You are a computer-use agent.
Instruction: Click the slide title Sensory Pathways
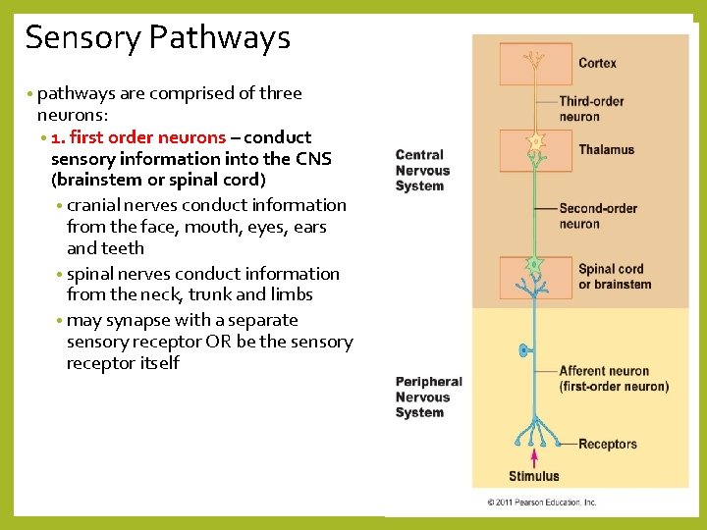(x=157, y=37)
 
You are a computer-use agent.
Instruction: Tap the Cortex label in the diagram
(x=597, y=63)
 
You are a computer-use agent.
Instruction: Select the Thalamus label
(x=606, y=150)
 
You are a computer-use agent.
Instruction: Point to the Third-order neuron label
(x=591, y=109)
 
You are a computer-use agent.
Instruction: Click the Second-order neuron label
(x=598, y=216)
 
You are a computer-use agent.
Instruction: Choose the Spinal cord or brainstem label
(x=615, y=277)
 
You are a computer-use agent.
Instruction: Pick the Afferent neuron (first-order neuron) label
(x=614, y=379)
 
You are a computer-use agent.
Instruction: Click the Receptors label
(x=608, y=445)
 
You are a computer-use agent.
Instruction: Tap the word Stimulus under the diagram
(x=534, y=477)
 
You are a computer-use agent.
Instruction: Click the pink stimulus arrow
(x=534, y=458)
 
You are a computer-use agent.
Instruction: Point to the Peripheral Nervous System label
(x=428, y=397)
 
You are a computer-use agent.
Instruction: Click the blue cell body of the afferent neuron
(x=524, y=349)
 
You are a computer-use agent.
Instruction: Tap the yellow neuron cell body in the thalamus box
(x=535, y=142)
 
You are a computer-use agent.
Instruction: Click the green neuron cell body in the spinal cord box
(x=534, y=265)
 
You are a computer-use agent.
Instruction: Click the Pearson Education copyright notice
(x=542, y=503)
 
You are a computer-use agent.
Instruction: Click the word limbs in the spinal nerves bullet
(x=292, y=294)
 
